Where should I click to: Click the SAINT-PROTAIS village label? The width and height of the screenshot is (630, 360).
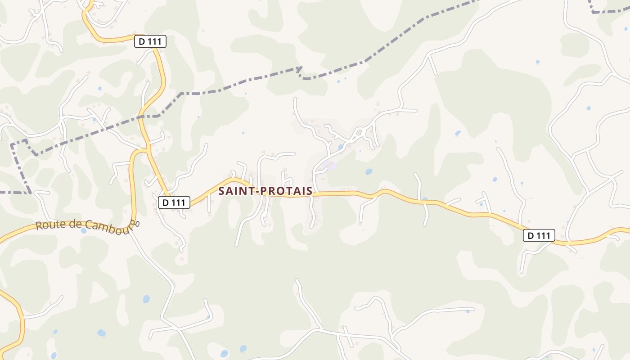[x=265, y=191]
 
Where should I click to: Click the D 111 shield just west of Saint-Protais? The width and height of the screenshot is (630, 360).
[x=174, y=203]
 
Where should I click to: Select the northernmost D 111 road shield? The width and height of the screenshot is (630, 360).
[x=150, y=42]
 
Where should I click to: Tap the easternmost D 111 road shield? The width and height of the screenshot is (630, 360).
[x=539, y=235]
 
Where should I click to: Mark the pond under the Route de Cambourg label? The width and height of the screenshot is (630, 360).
[x=83, y=231]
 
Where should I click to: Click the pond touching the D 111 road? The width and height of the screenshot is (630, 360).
[x=424, y=199]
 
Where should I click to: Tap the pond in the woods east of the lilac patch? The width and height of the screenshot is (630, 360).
[x=369, y=171]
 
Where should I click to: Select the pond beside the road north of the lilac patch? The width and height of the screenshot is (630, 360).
[x=341, y=147]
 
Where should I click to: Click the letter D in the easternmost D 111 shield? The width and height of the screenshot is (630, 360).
[x=531, y=235]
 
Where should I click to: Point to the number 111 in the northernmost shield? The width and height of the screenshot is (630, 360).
[x=154, y=42]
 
